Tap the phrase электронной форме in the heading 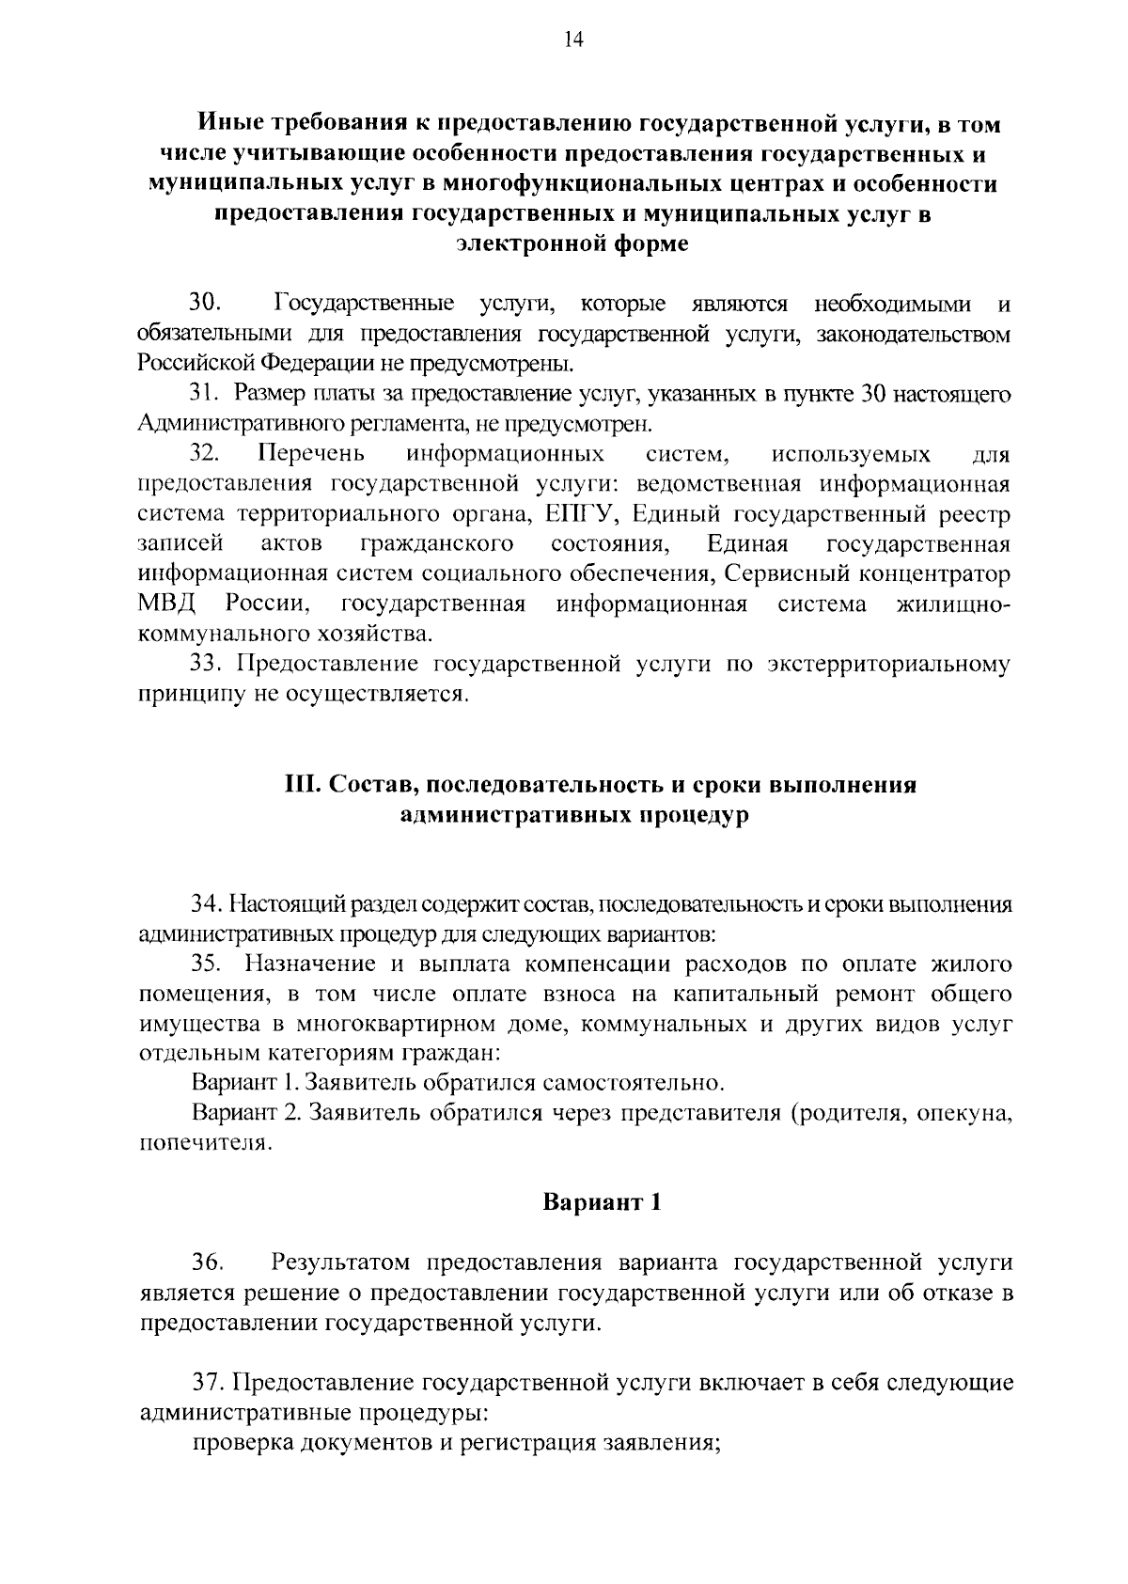pyautogui.click(x=572, y=244)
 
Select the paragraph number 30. pyautogui.click(x=205, y=304)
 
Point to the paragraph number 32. pyautogui.click(x=205, y=454)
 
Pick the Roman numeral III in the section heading pyautogui.click(x=304, y=785)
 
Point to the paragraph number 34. pyautogui.click(x=206, y=904)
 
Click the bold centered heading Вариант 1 pyautogui.click(x=603, y=1201)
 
